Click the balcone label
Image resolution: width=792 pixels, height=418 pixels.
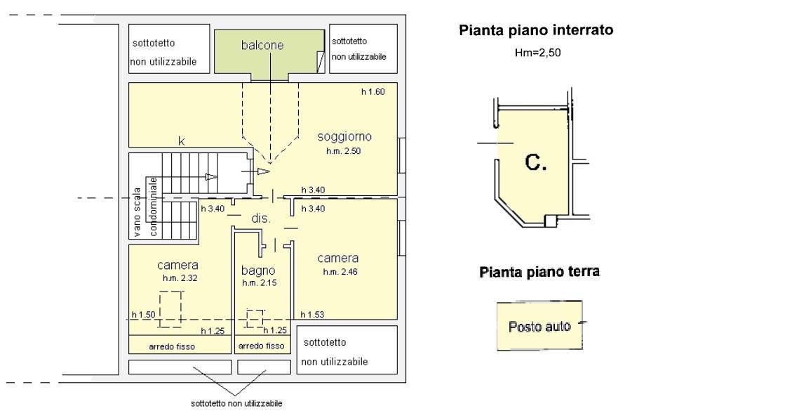[262, 46]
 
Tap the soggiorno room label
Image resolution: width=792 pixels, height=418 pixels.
[344, 136]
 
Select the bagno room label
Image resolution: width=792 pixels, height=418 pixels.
[258, 270]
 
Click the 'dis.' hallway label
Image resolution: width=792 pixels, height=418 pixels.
[261, 219]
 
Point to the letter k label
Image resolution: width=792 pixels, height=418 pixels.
[181, 141]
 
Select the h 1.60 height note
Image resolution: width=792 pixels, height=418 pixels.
[373, 91]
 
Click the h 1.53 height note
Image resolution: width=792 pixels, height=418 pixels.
[312, 315]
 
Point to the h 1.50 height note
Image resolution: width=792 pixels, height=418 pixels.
[143, 315]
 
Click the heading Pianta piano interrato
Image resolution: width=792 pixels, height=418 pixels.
[536, 30]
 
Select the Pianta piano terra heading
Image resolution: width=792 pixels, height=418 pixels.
[539, 272]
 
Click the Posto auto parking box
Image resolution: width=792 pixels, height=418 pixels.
[539, 327]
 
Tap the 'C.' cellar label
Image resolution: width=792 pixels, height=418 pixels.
[536, 163]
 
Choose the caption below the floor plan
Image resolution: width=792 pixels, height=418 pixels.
[236, 404]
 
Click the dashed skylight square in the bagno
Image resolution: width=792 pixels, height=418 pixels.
[255, 318]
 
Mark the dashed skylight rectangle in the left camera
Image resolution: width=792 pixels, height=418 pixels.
[170, 309]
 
